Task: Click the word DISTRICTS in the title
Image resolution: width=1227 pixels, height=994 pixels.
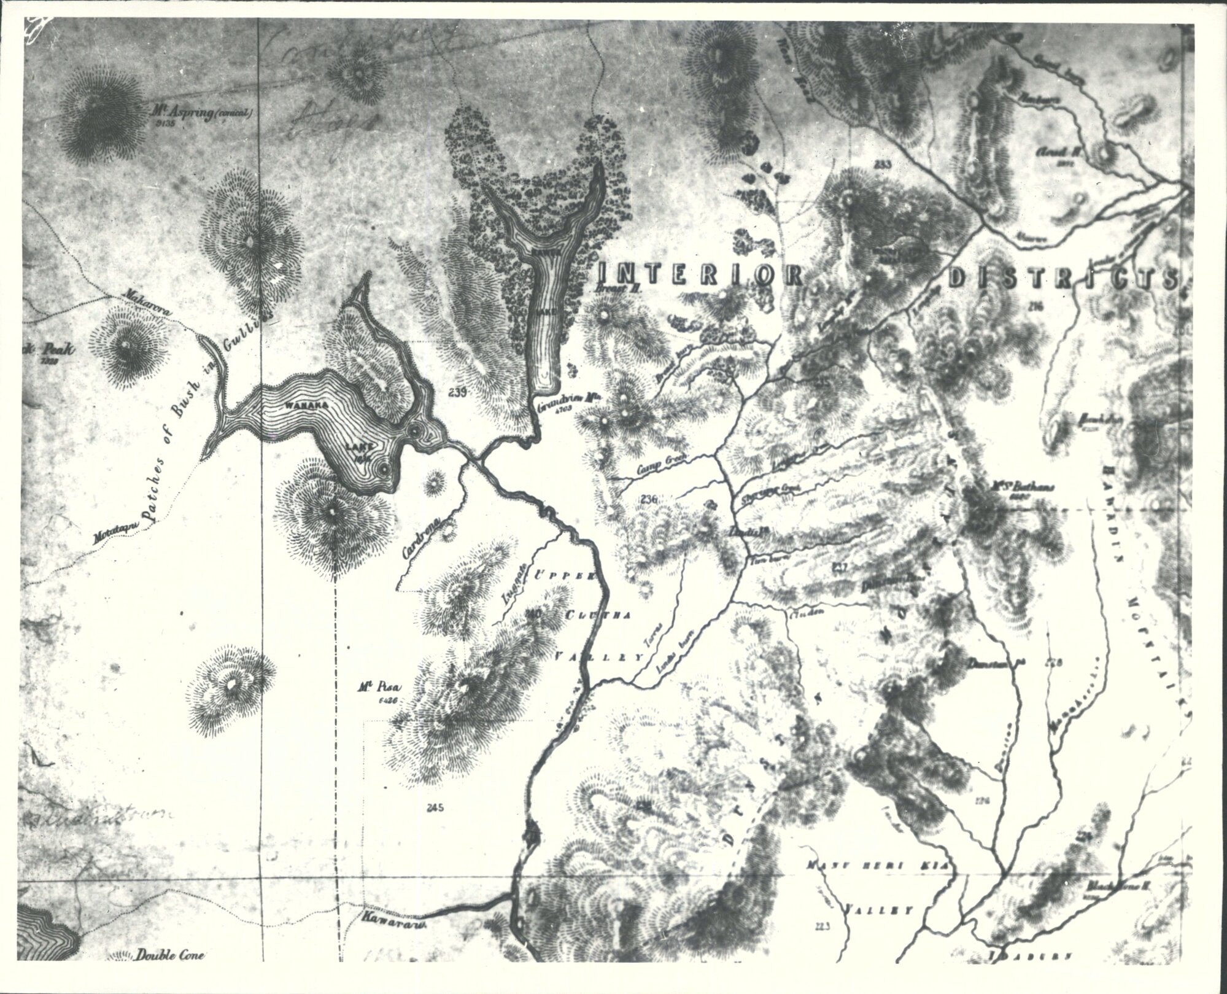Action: pyautogui.click(x=1062, y=278)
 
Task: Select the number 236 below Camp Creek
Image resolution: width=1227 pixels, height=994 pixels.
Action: pyautogui.click(x=648, y=500)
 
